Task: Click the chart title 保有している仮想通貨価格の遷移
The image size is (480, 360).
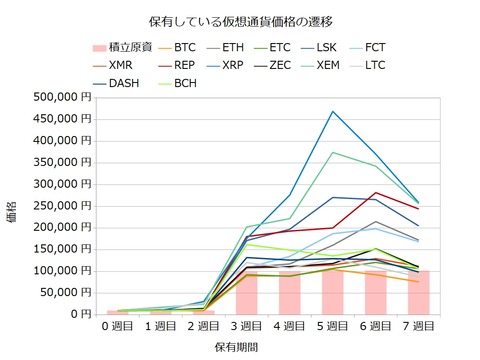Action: [x=239, y=19]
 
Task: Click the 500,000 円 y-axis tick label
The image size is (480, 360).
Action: [x=62, y=97]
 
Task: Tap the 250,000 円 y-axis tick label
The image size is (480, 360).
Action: [x=62, y=205]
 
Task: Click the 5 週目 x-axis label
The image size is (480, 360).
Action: [x=333, y=326]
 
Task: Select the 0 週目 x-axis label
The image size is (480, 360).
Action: [x=118, y=326]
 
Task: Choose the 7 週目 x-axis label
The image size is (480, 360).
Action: [x=419, y=326]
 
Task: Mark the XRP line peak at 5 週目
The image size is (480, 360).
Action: [x=333, y=111]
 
